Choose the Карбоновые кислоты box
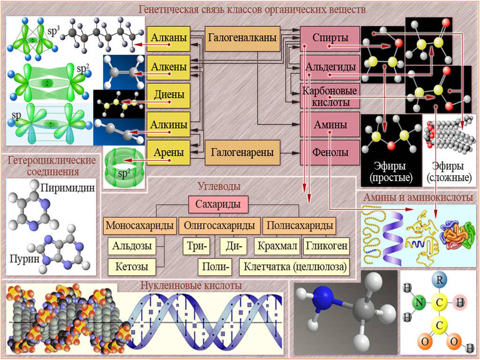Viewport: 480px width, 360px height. tap(330, 96)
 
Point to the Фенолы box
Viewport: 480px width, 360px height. tap(330, 152)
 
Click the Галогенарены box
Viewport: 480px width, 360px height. tap(242, 152)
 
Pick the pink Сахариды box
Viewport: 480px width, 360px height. tap(218, 204)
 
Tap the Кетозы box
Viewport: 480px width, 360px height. tap(132, 267)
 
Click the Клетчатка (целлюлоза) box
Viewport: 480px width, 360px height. tap(294, 267)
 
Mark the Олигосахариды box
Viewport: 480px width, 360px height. tap(219, 226)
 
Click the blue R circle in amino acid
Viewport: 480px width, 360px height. tap(439, 280)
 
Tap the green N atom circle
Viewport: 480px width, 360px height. tap(419, 302)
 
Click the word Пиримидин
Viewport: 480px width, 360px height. tap(67, 188)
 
